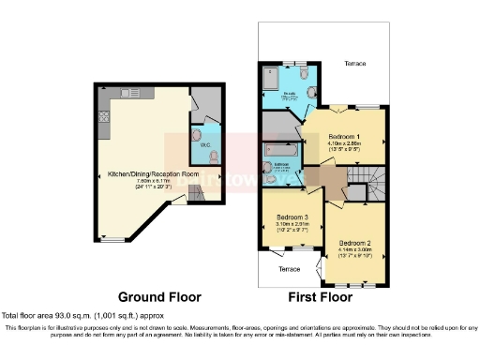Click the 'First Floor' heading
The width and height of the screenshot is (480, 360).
click(x=324, y=296)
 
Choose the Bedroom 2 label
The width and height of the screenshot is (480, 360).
click(x=356, y=242)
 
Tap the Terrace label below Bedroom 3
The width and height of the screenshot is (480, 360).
click(x=291, y=269)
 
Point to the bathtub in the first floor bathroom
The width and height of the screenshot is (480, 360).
click(x=282, y=149)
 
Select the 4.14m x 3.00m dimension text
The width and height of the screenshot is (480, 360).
click(x=356, y=249)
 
